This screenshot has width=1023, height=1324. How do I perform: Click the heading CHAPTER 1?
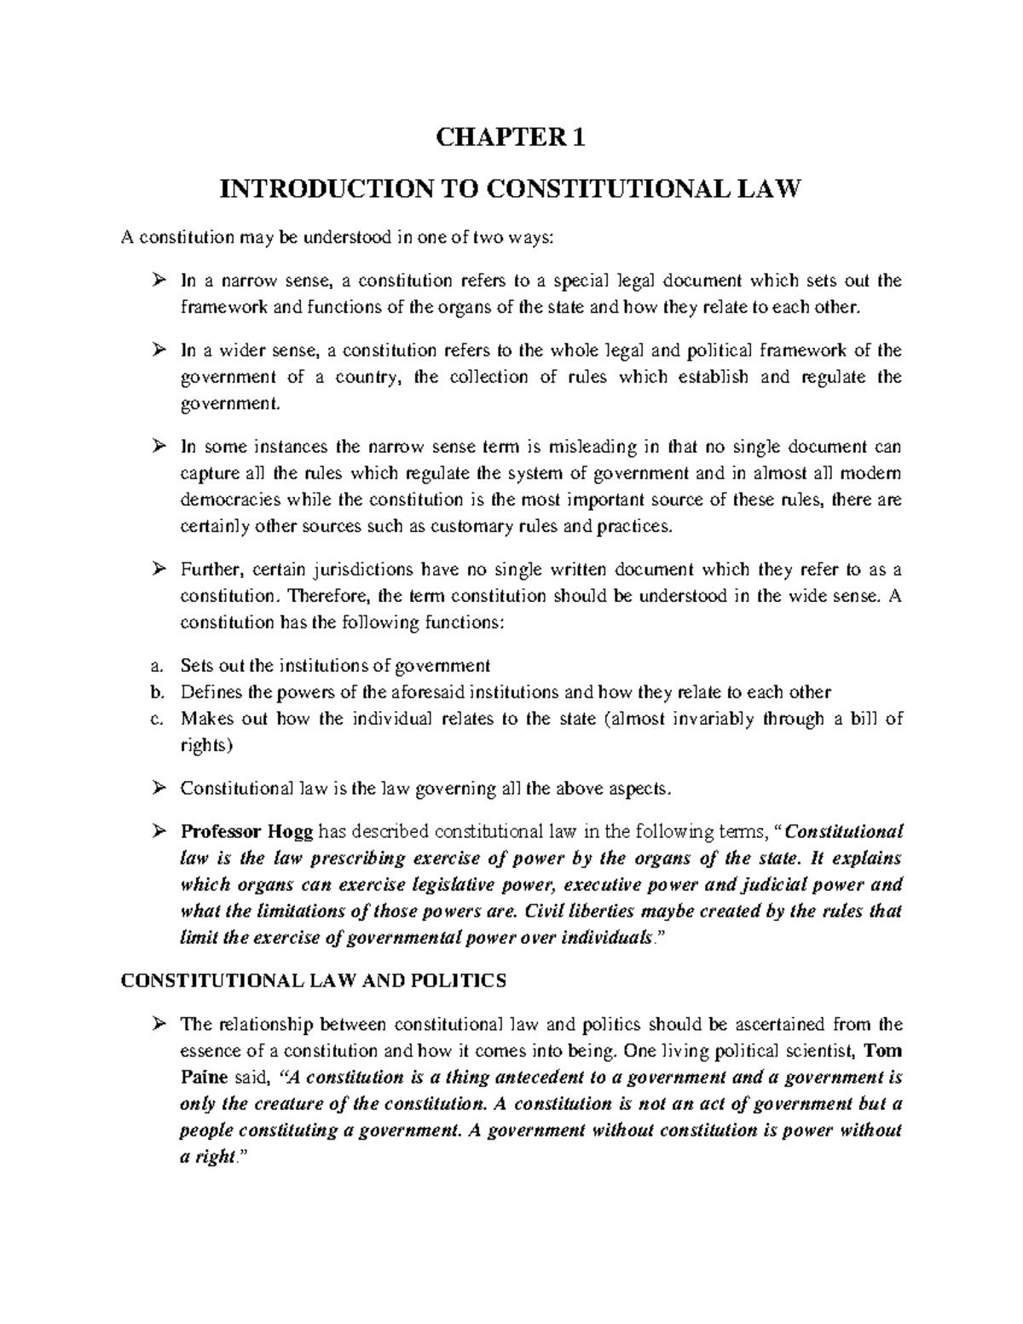(x=511, y=138)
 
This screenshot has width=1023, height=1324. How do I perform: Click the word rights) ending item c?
(x=205, y=745)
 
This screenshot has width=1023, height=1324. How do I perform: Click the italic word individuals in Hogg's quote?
(x=604, y=938)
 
